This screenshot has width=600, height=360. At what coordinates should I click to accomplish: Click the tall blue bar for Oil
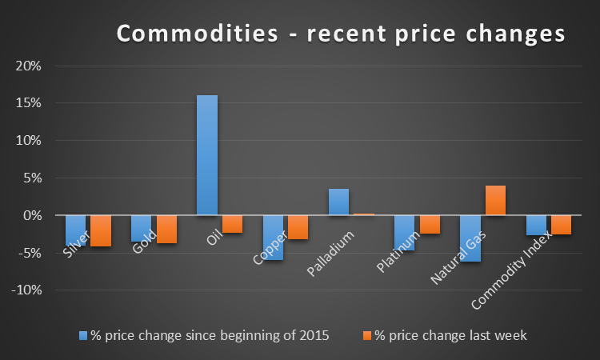point(207,155)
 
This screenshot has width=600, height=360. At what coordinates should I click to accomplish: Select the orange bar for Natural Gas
point(495,200)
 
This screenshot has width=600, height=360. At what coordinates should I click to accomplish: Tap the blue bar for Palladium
point(338,202)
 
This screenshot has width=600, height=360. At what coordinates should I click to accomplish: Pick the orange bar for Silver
point(101,230)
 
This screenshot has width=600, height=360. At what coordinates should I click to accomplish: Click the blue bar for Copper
point(273,238)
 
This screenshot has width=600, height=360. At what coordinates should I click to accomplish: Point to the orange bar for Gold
point(167,229)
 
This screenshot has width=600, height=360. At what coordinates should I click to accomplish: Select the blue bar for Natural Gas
point(470,238)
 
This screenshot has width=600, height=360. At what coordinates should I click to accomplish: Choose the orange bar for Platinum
point(430,225)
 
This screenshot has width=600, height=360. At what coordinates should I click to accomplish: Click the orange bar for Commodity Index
point(561,225)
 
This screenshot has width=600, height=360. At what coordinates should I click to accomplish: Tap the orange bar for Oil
point(232,224)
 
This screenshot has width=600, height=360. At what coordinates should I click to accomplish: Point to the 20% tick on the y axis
point(28,66)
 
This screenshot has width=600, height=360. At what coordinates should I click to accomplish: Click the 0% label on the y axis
point(32,215)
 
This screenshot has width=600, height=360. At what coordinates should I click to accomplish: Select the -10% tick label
point(26,290)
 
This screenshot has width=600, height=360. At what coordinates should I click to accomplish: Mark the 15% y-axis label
point(28,103)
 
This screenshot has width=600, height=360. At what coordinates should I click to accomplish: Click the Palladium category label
point(330,254)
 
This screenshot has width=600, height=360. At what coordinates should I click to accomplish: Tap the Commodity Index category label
point(512,270)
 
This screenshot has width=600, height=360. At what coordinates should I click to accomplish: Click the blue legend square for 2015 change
point(83,336)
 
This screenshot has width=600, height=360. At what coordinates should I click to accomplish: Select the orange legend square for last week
point(367,336)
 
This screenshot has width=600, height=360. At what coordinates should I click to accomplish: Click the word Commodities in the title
point(198,34)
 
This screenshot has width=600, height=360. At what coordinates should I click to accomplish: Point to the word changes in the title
point(515,34)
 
